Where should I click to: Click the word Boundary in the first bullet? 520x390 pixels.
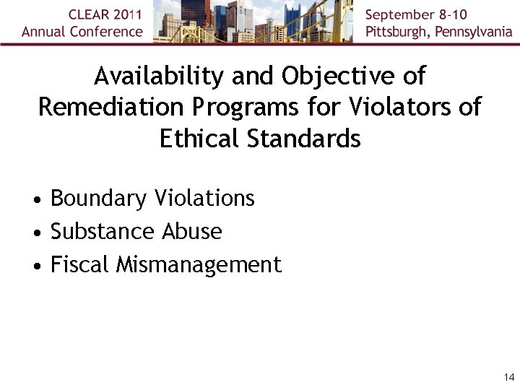click(91, 199)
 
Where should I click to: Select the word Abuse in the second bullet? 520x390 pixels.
click(192, 232)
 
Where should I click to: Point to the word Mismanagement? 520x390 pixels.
click(199, 265)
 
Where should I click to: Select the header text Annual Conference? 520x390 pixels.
click(82, 32)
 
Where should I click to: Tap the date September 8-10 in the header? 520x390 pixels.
click(416, 15)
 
